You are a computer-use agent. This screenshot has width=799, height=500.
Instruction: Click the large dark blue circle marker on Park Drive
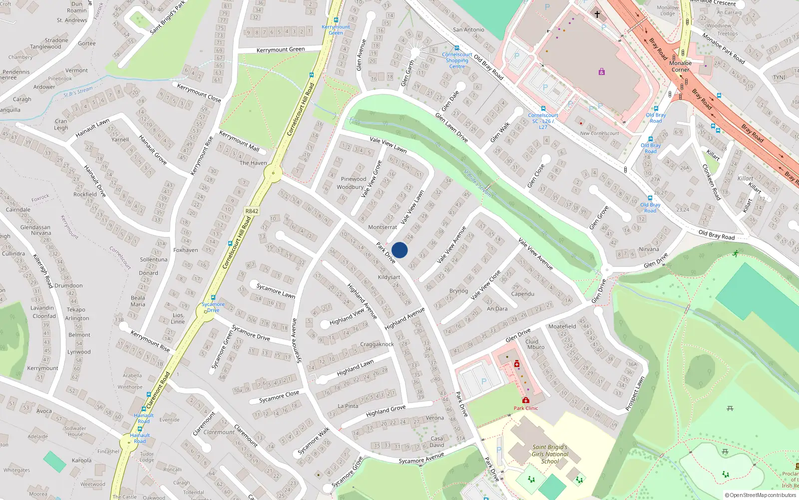click(399, 250)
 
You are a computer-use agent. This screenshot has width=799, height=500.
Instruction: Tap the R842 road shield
click(252, 211)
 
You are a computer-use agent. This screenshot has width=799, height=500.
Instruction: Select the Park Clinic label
click(526, 408)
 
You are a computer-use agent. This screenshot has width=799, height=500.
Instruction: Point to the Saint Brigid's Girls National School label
click(550, 454)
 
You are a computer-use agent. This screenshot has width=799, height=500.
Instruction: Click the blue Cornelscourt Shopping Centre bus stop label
click(457, 60)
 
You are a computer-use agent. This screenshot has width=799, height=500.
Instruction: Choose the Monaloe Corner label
click(680, 66)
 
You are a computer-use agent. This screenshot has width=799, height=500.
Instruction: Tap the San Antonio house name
click(468, 29)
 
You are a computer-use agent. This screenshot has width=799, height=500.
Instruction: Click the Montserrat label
click(383, 227)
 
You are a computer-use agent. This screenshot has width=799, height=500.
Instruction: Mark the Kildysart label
click(389, 277)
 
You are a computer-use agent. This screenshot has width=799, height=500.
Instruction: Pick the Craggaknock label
click(377, 344)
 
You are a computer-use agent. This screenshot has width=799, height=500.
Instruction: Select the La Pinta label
click(348, 406)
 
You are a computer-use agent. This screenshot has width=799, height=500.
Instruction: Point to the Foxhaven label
click(186, 250)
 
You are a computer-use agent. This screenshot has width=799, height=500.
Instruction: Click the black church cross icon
click(597, 14)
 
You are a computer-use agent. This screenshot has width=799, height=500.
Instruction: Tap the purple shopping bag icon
click(602, 72)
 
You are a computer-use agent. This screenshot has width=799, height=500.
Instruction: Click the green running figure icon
click(736, 253)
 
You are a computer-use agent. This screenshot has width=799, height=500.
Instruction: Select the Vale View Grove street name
click(372, 178)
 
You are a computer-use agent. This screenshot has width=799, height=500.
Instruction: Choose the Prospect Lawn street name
click(635, 393)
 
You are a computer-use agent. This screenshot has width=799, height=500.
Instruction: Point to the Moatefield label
click(562, 326)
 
